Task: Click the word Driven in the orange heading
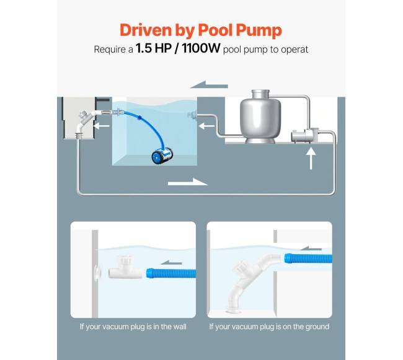(146, 30)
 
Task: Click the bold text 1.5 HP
(153, 48)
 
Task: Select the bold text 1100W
(201, 48)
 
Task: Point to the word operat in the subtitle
(294, 50)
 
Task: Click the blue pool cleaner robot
(162, 155)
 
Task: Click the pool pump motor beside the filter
(304, 135)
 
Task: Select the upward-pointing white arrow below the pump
(311, 159)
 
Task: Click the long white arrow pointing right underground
(188, 182)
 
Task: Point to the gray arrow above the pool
(209, 84)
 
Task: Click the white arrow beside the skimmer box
(101, 126)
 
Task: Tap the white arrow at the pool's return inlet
(206, 126)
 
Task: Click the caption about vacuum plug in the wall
(133, 327)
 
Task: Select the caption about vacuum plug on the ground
(269, 327)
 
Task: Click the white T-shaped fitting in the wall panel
(125, 269)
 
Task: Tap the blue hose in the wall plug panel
(171, 273)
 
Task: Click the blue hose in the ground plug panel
(308, 258)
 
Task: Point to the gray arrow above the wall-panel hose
(171, 263)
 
